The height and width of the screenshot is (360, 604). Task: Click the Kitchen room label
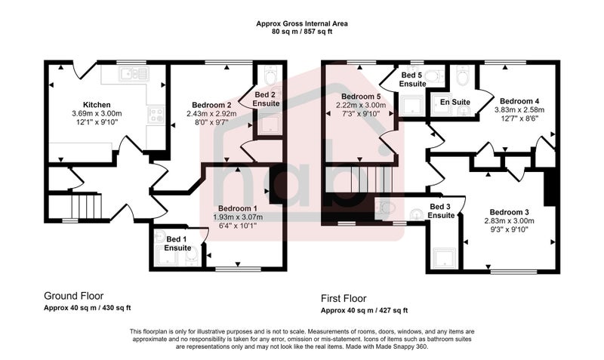97,105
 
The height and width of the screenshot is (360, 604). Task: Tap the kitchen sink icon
134,73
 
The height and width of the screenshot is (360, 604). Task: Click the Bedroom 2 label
211,105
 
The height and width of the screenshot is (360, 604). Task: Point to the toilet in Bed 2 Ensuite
270,75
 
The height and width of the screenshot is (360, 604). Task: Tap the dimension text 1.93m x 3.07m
238,217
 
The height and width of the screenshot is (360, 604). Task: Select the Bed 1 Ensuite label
177,244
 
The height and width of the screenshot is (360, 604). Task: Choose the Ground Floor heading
73,296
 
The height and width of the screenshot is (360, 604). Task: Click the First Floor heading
344,298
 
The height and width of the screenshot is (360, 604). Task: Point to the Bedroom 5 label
361,97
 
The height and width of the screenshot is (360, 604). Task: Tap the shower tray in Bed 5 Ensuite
411,105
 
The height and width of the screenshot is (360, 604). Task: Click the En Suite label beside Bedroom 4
455,102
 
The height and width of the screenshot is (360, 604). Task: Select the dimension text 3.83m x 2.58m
519,109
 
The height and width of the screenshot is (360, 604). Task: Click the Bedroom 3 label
509,212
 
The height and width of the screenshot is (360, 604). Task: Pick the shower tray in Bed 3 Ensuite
445,258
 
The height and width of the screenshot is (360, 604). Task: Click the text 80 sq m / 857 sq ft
302,32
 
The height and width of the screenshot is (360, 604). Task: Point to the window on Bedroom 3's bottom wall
513,272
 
